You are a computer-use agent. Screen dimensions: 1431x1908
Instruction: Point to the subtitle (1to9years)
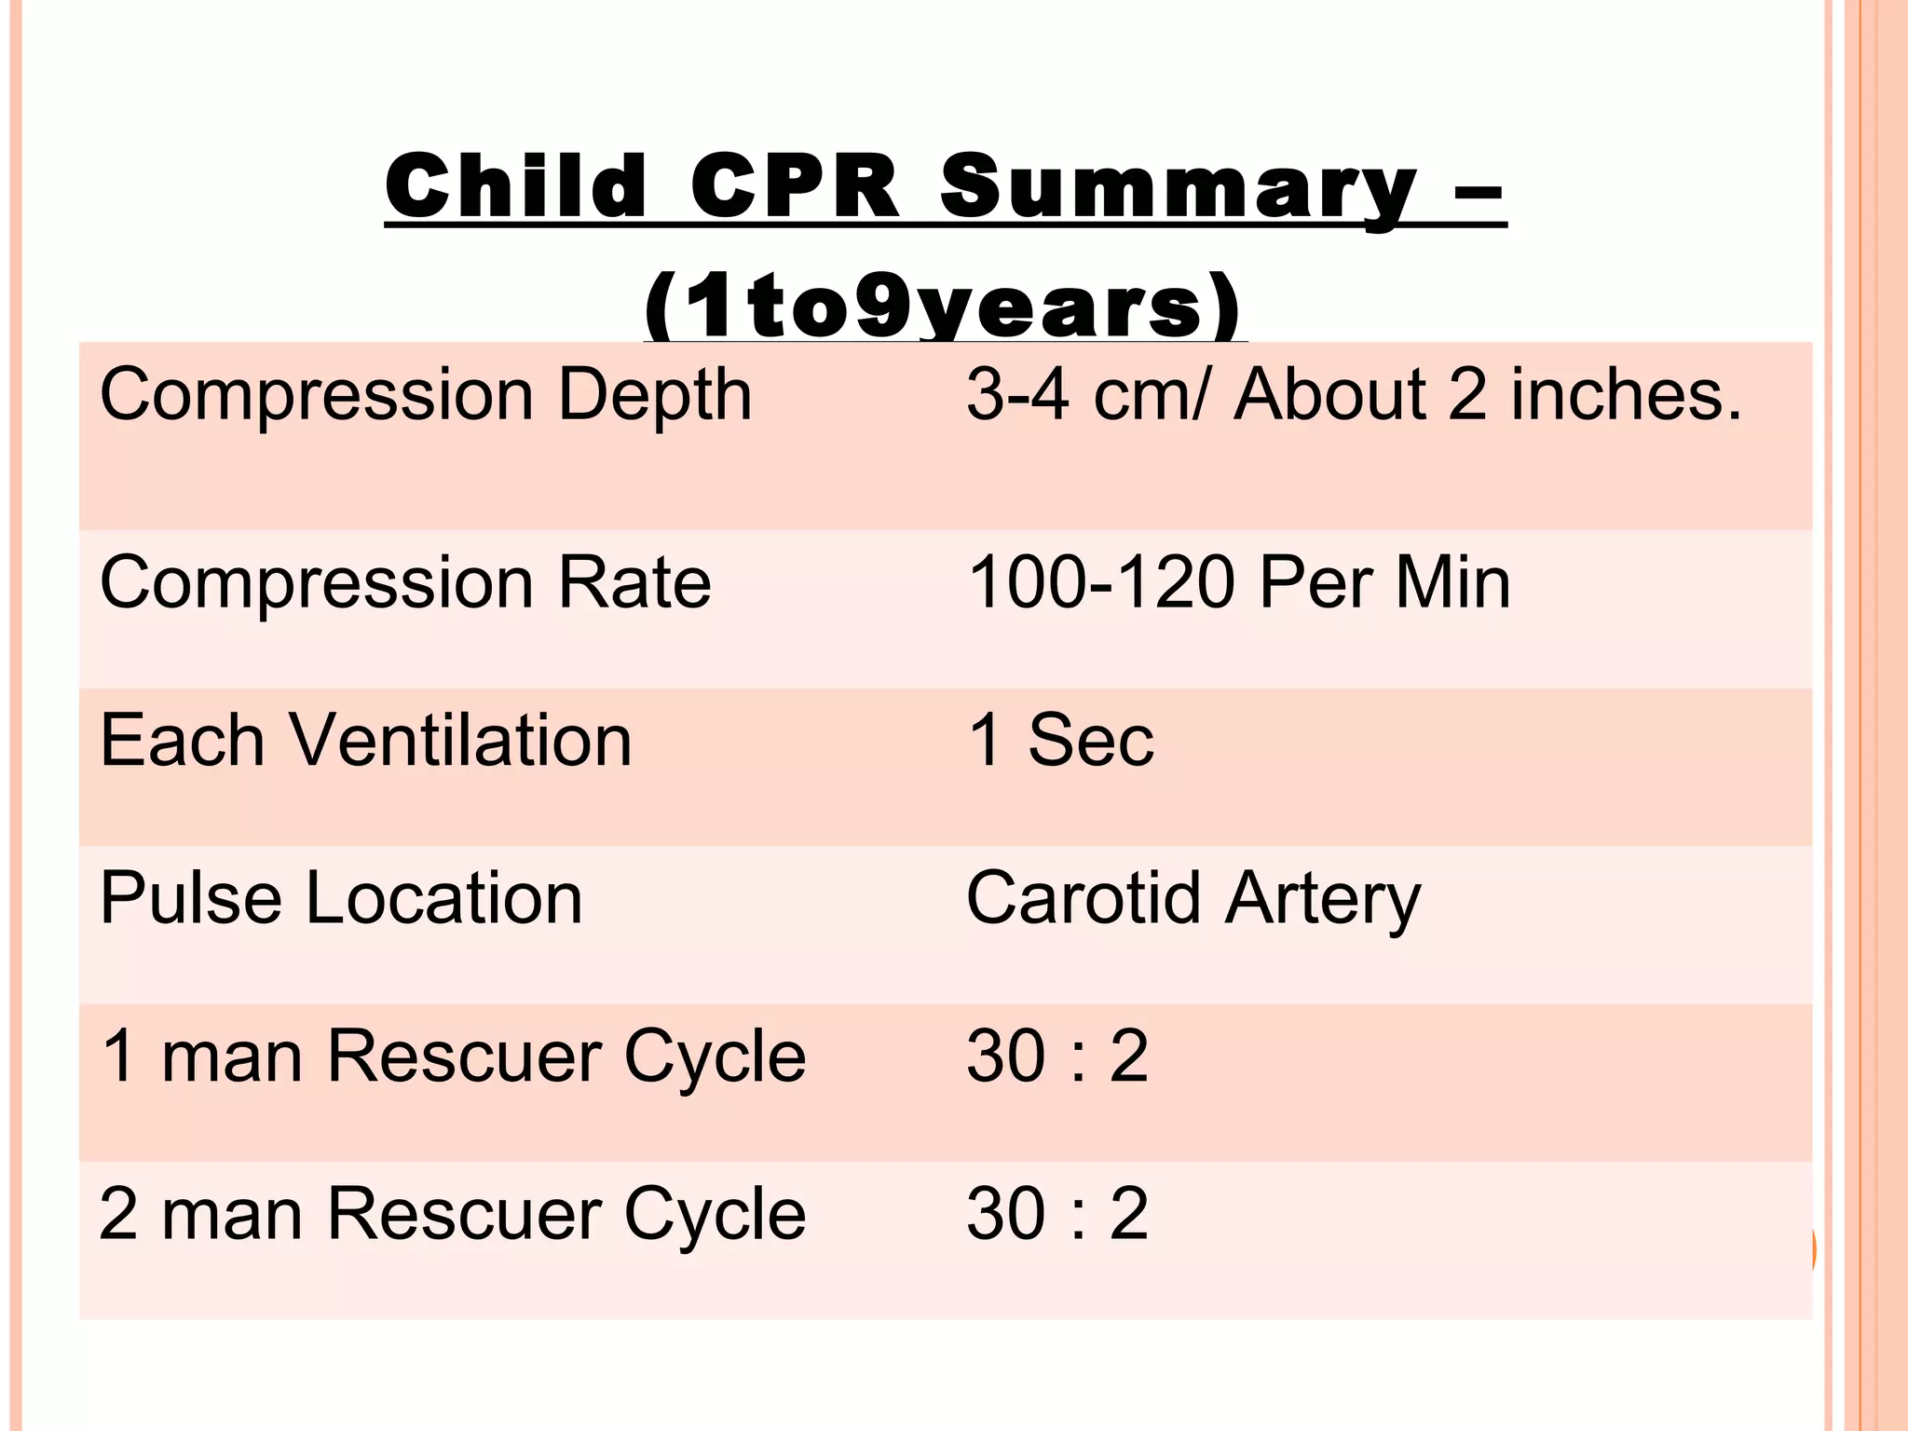(943, 307)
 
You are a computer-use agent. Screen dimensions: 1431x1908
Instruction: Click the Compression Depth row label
(426, 396)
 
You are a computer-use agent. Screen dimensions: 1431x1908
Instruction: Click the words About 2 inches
(1487, 394)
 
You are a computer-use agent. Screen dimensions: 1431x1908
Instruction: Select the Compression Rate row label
(405, 583)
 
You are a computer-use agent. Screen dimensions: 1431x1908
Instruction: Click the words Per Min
(1384, 583)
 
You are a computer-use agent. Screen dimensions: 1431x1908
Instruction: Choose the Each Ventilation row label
(366, 741)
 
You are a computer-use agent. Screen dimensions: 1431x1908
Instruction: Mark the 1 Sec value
(1061, 741)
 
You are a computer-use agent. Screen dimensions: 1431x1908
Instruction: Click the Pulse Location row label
(341, 898)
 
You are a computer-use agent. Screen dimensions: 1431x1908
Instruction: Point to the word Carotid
(1083, 898)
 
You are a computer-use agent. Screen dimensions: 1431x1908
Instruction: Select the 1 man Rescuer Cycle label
(453, 1056)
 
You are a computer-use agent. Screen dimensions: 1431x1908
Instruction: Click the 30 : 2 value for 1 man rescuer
(1057, 1056)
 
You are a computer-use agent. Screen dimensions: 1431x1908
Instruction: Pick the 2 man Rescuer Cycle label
(453, 1214)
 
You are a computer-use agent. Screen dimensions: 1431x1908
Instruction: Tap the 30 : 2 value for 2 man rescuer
(1057, 1214)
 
